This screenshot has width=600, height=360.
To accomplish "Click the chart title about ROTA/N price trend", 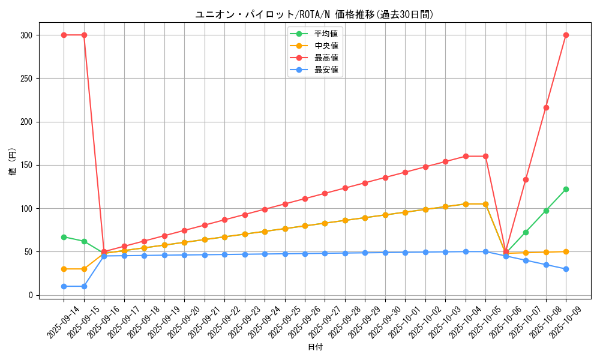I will [x=314, y=14].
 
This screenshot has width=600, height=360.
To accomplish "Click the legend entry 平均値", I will [x=326, y=34].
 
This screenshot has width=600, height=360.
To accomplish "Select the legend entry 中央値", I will [x=326, y=46].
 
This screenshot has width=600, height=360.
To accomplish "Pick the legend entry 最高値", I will [x=326, y=58].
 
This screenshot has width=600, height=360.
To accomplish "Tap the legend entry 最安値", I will [x=326, y=70].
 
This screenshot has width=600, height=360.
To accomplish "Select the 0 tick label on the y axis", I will [x=30, y=295].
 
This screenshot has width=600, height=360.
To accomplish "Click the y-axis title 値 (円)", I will [x=13, y=162].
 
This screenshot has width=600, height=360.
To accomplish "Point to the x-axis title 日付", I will [x=315, y=347].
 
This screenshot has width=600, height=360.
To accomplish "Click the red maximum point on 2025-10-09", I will [x=566, y=35].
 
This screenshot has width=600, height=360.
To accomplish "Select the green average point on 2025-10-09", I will [x=566, y=189].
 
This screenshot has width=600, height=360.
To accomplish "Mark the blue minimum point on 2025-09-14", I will [x=64, y=286].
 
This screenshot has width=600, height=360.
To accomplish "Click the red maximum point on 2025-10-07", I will [x=526, y=179].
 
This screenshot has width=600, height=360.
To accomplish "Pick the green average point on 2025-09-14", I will [x=64, y=237].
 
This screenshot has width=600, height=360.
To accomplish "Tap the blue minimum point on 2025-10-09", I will [x=566, y=269].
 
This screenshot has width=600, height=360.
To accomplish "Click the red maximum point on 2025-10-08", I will [x=546, y=107].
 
